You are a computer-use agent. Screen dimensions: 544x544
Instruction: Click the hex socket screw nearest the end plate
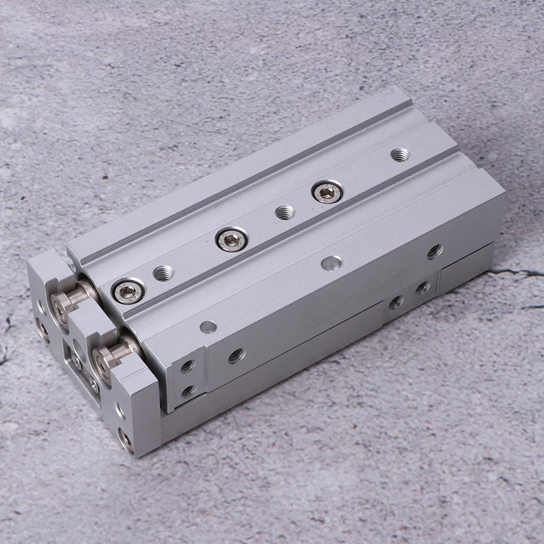point(128,291)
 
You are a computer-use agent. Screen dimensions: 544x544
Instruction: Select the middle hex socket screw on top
point(232,240)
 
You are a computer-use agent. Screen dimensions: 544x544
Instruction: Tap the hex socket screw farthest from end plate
point(327,192)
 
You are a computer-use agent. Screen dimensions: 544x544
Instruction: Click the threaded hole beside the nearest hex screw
point(163,273)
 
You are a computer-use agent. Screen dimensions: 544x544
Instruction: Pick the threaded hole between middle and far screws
point(285,212)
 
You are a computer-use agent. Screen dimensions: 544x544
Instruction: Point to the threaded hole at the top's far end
point(399,155)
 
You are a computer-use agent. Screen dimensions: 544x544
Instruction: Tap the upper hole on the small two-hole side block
point(187,366)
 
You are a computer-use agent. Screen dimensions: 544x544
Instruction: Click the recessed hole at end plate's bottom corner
point(125,439)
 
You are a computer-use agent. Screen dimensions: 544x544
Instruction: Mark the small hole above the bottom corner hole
point(120,411)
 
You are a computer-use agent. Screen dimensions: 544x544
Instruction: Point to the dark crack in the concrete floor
point(518,274)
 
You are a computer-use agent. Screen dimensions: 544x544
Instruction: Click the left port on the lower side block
point(395,302)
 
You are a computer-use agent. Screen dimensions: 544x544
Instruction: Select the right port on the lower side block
point(422,287)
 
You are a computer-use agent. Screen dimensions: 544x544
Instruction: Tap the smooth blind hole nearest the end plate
point(208,327)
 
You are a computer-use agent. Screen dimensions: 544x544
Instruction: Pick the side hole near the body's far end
point(434,251)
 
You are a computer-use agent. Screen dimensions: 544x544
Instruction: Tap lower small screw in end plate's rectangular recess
point(93,384)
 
